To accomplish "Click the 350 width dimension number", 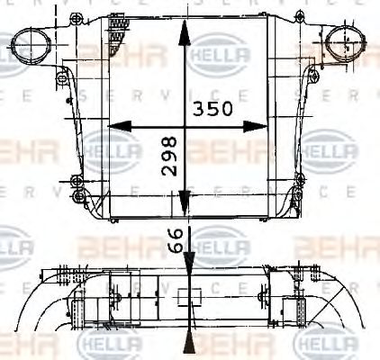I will point(213,109).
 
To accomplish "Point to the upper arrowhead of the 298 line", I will point(185,31).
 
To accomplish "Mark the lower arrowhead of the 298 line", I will point(185,206).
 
